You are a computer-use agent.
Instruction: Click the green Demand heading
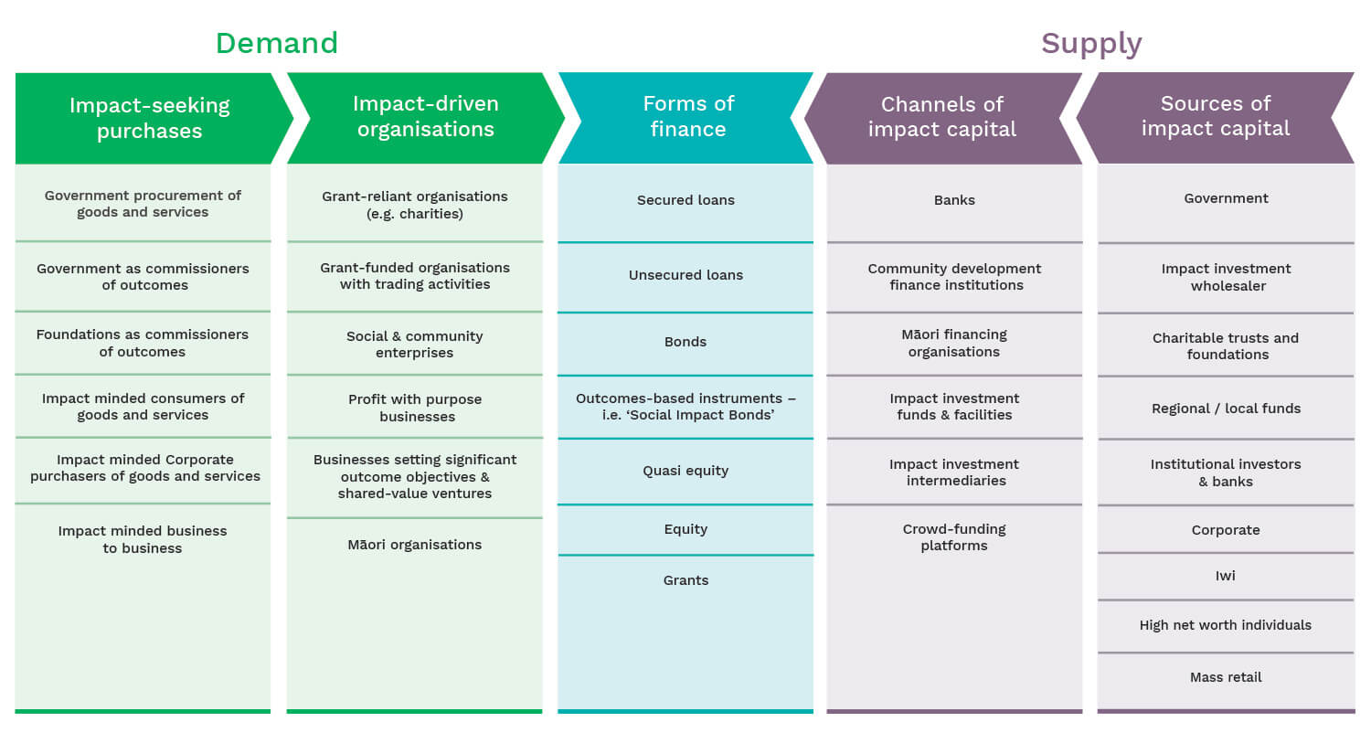click(x=276, y=43)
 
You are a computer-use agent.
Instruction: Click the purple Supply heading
click(x=1090, y=43)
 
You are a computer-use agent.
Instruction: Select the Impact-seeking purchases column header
click(x=149, y=118)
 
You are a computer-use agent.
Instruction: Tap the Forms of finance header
click(x=687, y=116)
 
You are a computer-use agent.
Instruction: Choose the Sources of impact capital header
click(x=1215, y=116)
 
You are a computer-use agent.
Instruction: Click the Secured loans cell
click(x=685, y=200)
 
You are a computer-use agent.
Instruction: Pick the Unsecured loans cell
click(x=685, y=275)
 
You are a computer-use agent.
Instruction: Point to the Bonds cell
click(x=685, y=342)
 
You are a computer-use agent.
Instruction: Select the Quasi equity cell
click(x=685, y=471)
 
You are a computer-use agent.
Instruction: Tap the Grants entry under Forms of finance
click(x=685, y=580)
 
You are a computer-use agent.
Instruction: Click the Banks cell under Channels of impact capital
click(x=954, y=200)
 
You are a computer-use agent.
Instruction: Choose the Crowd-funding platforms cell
click(x=954, y=537)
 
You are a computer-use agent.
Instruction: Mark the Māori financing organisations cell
click(x=954, y=343)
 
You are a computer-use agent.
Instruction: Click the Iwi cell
click(x=1225, y=576)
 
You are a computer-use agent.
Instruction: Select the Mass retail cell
click(x=1225, y=677)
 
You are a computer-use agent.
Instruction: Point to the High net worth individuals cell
click(x=1225, y=625)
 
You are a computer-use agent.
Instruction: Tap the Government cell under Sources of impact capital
click(x=1225, y=198)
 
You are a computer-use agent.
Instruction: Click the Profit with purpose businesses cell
click(x=415, y=408)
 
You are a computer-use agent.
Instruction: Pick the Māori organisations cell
click(x=415, y=545)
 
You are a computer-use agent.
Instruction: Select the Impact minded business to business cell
click(x=143, y=539)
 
